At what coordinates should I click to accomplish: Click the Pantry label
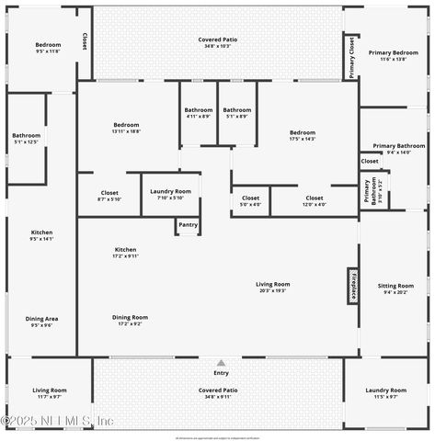tap(188, 224)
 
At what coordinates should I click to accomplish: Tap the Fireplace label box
tap(352, 286)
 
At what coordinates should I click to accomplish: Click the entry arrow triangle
tap(221, 363)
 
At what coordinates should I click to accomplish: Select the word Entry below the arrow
tap(221, 373)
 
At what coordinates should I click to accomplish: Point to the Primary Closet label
tap(351, 56)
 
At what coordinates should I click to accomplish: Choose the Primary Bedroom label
tap(393, 56)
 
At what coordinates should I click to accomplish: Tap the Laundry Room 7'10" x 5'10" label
tap(170, 194)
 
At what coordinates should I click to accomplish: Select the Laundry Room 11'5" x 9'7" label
tap(385, 393)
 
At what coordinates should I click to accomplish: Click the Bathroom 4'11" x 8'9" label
tap(198, 113)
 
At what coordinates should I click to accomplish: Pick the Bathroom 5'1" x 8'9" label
tap(236, 113)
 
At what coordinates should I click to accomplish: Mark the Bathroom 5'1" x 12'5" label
tap(27, 139)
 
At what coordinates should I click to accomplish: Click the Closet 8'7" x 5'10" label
tap(109, 196)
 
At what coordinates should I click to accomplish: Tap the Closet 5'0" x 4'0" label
tap(251, 200)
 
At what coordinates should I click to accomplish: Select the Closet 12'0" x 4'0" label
tap(315, 200)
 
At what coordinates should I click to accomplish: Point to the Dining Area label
tap(41, 322)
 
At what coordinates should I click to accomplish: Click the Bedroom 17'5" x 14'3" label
tap(303, 135)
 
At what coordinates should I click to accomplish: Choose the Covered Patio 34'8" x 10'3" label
tap(218, 42)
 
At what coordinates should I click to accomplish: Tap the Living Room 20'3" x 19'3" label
tap(272, 287)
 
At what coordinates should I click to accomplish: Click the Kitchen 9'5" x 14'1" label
tap(41, 235)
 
